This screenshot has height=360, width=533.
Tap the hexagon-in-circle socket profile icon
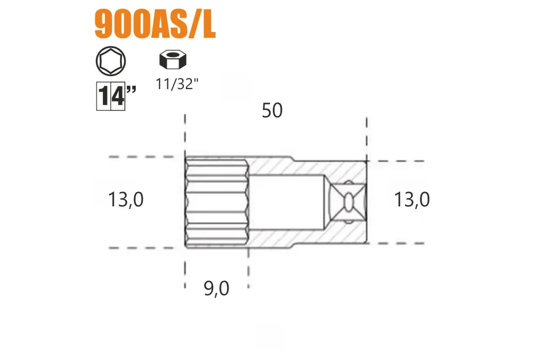coord(111,61)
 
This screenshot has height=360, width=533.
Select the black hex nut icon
coord(173,59)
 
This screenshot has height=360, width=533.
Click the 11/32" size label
coord(177,84)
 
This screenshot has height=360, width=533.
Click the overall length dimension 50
coord(272,110)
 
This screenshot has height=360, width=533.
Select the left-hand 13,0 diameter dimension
coord(126,199)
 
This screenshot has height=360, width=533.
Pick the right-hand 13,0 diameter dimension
coord(412,199)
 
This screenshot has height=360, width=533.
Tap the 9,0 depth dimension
coord(216,289)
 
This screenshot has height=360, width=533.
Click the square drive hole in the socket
coord(348,202)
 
